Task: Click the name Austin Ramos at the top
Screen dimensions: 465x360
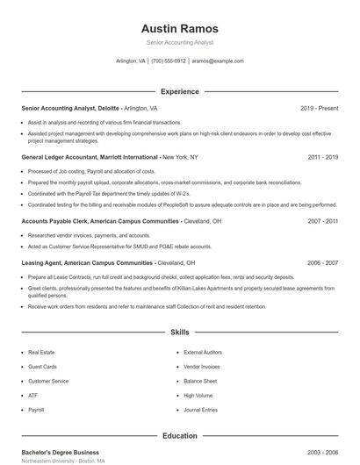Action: pyautogui.click(x=180, y=29)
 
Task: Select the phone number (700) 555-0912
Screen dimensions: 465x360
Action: pyautogui.click(x=169, y=61)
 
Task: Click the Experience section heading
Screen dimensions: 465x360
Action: pyautogui.click(x=180, y=91)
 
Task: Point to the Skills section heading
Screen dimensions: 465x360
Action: pyautogui.click(x=180, y=333)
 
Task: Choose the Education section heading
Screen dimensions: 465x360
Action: pyautogui.click(x=180, y=435)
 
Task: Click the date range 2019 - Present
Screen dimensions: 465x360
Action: pyautogui.click(x=319, y=108)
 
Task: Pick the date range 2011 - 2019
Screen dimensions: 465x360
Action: pyautogui.click(x=323, y=157)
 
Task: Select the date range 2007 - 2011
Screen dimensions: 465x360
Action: pyautogui.click(x=323, y=222)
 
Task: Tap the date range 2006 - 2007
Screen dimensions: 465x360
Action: pyautogui.click(x=323, y=262)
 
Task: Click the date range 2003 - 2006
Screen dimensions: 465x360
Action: pyautogui.click(x=323, y=452)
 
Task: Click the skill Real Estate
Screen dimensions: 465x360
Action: pyautogui.click(x=41, y=352)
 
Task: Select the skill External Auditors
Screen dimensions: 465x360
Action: pyautogui.click(x=203, y=352)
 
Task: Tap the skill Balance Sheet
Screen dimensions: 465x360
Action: pyautogui.click(x=200, y=381)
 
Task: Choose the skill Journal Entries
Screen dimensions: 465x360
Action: pyautogui.click(x=200, y=410)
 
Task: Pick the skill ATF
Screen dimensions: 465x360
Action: pyautogui.click(x=32, y=396)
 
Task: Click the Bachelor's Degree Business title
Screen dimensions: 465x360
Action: pyautogui.click(x=60, y=452)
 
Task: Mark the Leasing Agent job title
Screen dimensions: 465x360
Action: pyautogui.click(x=43, y=262)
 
